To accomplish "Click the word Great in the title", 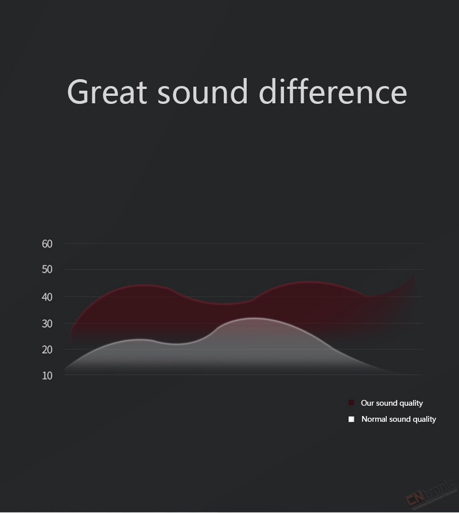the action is pyautogui.click(x=107, y=92).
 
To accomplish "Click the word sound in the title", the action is pyautogui.click(x=203, y=92).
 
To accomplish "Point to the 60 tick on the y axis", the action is pyautogui.click(x=47, y=244).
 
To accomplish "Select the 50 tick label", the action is pyautogui.click(x=47, y=269).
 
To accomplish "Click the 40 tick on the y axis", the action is pyautogui.click(x=47, y=297).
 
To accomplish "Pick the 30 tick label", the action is pyautogui.click(x=47, y=324).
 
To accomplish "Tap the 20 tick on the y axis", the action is pyautogui.click(x=47, y=349).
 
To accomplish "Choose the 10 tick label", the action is pyautogui.click(x=47, y=376).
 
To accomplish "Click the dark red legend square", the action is pyautogui.click(x=351, y=403).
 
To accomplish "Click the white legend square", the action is pyautogui.click(x=351, y=419).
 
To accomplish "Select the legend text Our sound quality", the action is pyautogui.click(x=392, y=403).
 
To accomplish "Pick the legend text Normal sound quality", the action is pyautogui.click(x=399, y=419).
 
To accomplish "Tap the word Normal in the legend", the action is pyautogui.click(x=374, y=419).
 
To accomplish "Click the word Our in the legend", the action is pyautogui.click(x=367, y=403).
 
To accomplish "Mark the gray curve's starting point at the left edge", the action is pyautogui.click(x=65, y=370).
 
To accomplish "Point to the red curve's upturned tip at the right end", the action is pyautogui.click(x=414, y=275).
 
